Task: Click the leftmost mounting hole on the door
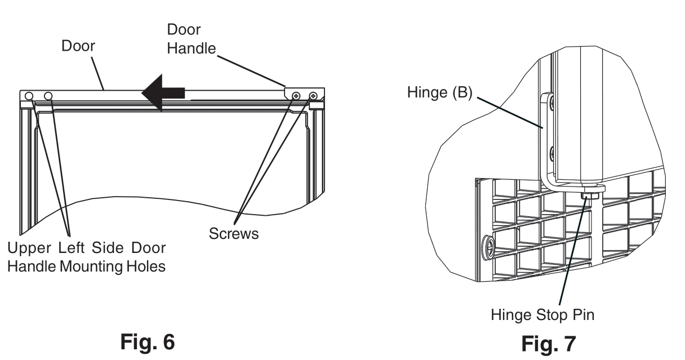(29, 95)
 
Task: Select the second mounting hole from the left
(48, 95)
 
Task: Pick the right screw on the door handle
(313, 96)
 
